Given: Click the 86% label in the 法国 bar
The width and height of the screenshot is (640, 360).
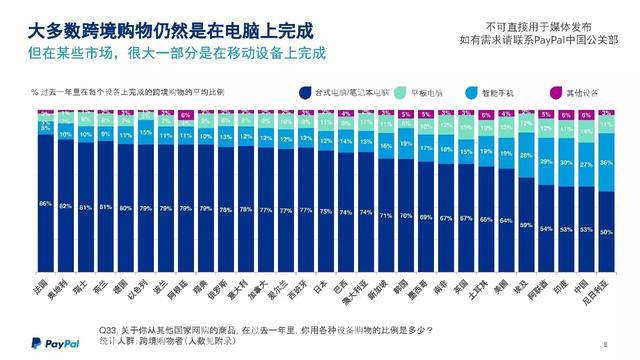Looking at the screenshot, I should point(44,203).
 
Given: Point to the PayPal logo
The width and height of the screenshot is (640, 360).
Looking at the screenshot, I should point(40,343).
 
